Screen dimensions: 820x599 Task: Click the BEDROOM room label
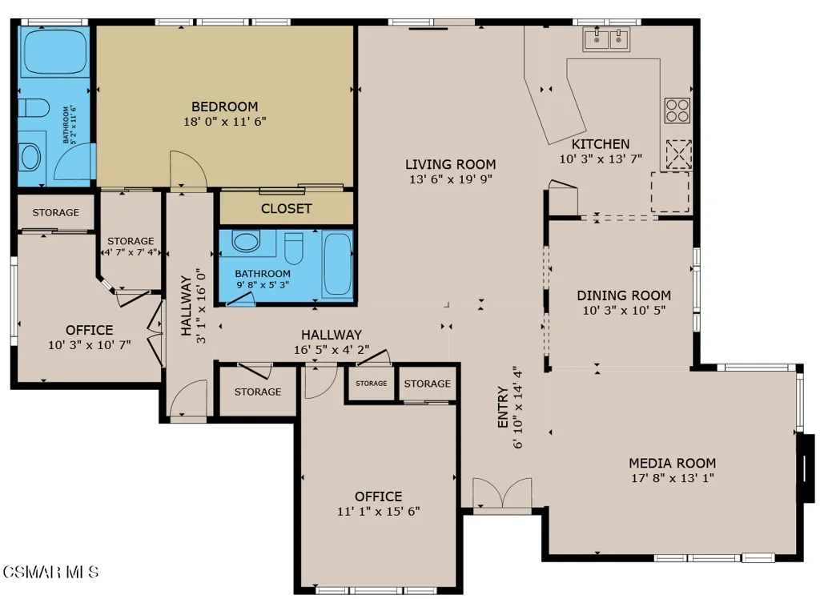[225, 107]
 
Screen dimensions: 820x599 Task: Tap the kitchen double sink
[607, 38]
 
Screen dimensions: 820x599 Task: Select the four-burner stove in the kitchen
[677, 111]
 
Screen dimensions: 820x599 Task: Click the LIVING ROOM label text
[450, 164]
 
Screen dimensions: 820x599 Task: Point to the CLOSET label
[286, 209]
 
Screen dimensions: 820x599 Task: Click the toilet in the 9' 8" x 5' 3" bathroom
[294, 247]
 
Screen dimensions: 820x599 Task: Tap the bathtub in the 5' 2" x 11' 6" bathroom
[54, 52]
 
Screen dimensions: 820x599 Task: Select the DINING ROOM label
[624, 295]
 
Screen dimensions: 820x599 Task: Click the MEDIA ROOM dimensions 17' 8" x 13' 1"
[673, 478]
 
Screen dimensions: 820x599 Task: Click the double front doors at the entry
[502, 493]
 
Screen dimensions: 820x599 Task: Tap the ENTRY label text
[503, 408]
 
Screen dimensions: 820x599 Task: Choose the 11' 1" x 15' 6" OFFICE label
[379, 496]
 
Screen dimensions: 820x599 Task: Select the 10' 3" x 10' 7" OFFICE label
[90, 330]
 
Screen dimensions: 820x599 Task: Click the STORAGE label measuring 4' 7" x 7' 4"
[131, 241]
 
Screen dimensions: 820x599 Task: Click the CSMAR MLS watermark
[50, 572]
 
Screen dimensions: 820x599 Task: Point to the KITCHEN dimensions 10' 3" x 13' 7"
[601, 159]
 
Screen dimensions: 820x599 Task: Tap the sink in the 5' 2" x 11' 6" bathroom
[30, 157]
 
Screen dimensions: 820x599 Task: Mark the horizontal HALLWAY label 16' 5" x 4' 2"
[332, 335]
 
